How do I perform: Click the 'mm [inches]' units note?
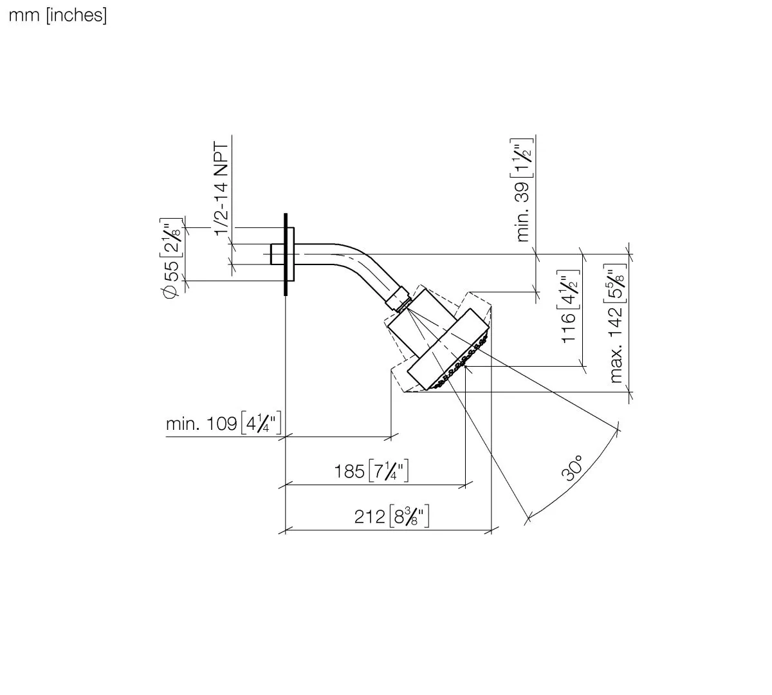point(57,15)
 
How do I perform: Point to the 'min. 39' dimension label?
point(523,190)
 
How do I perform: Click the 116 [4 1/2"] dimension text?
point(567,309)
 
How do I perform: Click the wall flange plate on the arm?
point(291,254)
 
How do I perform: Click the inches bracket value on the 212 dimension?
point(409,517)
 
